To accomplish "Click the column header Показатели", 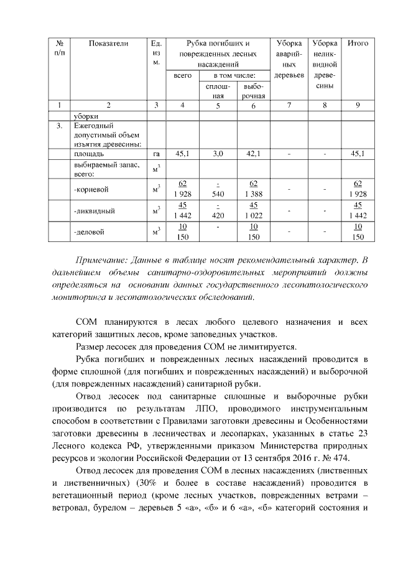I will (108, 44).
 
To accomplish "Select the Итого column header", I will (358, 44).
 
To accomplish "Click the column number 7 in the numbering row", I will (289, 105).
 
